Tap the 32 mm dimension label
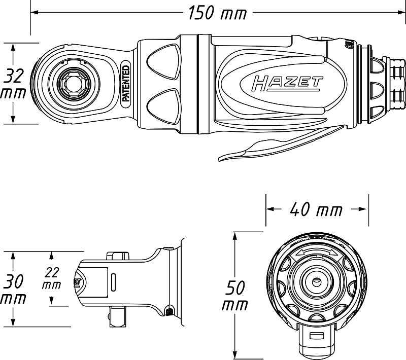click(13, 83)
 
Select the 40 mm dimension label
click(316, 209)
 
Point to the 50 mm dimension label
click(235, 296)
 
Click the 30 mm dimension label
click(13, 289)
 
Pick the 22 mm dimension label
click(52, 278)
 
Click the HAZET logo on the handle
click(287, 84)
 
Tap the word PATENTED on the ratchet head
click(126, 83)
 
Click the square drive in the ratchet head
click(71, 83)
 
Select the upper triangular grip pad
click(163, 61)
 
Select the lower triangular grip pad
click(163, 106)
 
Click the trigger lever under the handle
click(282, 143)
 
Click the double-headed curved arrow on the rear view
click(317, 253)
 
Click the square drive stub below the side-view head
click(118, 316)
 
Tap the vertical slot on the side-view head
click(113, 282)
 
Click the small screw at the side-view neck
click(169, 312)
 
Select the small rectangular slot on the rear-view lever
click(316, 336)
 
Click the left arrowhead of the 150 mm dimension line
click(35, 12)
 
